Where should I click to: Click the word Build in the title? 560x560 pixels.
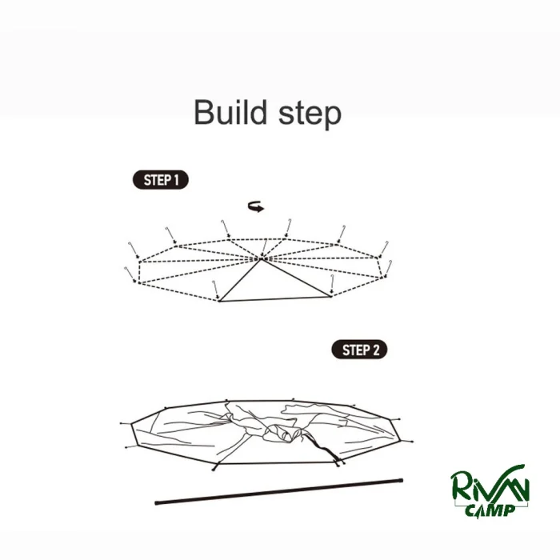click(x=230, y=112)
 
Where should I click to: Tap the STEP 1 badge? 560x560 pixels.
click(x=161, y=180)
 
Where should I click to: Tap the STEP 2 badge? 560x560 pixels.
click(x=360, y=350)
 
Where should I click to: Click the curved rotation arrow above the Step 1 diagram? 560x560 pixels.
click(x=256, y=206)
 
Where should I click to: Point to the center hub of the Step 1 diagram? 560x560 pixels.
click(x=262, y=258)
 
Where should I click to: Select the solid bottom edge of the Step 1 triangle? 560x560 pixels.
click(x=275, y=299)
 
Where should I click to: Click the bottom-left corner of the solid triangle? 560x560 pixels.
click(x=219, y=301)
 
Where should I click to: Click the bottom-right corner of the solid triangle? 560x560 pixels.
click(x=330, y=296)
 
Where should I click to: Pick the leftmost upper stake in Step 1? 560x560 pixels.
click(x=134, y=250)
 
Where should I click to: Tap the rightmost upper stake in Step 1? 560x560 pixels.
click(x=383, y=249)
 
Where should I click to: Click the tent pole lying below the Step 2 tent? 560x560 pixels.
click(x=279, y=491)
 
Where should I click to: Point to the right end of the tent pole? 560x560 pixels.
click(x=402, y=481)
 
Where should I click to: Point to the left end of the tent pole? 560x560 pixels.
click(x=156, y=503)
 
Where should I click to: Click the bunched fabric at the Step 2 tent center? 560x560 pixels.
click(x=282, y=432)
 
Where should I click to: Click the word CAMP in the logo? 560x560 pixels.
click(x=490, y=510)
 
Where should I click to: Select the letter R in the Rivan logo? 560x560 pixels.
click(x=461, y=486)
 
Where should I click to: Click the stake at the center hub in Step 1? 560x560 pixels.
click(x=264, y=248)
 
